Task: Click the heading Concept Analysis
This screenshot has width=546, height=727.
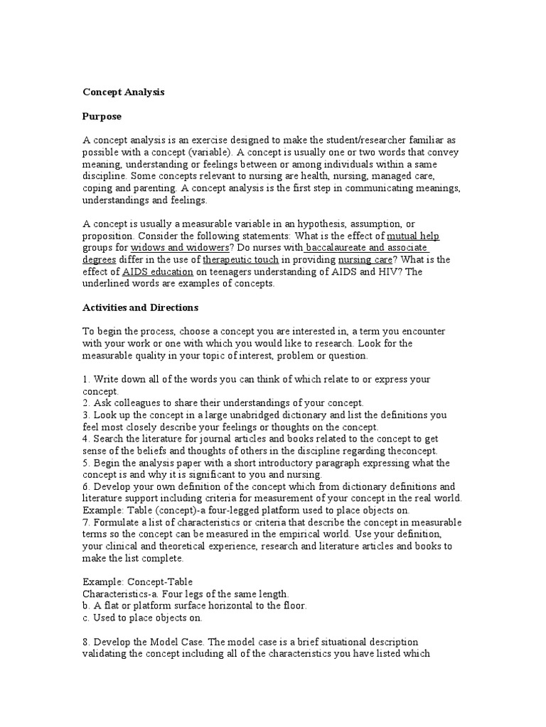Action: point(124,92)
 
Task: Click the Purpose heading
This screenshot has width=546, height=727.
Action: point(102,116)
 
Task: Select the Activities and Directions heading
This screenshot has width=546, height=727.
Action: point(141,308)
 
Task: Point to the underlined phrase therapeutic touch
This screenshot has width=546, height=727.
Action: point(240,260)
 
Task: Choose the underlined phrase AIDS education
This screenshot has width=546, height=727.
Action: point(157,272)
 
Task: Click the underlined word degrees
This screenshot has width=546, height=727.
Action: point(102,260)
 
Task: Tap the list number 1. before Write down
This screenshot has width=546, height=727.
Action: point(87,380)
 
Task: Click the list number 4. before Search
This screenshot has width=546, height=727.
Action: point(87,439)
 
